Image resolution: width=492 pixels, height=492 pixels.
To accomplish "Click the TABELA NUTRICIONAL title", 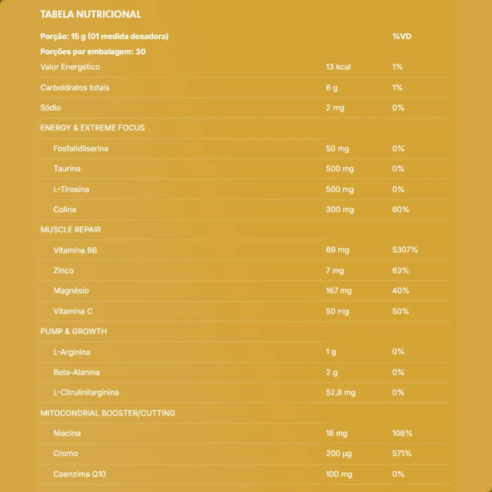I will pyautogui.click(x=91, y=14).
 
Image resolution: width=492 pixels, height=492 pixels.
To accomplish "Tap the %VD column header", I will pyautogui.click(x=401, y=36).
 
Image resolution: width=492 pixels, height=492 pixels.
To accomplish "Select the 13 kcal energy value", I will pyautogui.click(x=338, y=67).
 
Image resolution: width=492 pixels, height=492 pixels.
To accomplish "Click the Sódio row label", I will pyautogui.click(x=50, y=108).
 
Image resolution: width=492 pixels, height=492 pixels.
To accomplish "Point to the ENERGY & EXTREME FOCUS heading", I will pyautogui.click(x=92, y=128).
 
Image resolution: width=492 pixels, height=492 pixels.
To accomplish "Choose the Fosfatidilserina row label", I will pyautogui.click(x=81, y=148).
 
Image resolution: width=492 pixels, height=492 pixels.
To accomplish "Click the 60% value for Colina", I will pyautogui.click(x=401, y=210).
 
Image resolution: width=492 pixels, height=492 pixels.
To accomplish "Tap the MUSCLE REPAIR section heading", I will pyautogui.click(x=71, y=230).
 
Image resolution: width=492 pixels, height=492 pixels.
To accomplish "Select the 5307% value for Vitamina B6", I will pyautogui.click(x=405, y=250).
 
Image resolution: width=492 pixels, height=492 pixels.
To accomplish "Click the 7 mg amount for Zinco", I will pyautogui.click(x=335, y=271).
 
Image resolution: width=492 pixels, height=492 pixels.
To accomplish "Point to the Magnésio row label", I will pyautogui.click(x=71, y=291).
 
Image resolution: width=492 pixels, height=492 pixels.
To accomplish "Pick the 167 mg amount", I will pyautogui.click(x=339, y=291).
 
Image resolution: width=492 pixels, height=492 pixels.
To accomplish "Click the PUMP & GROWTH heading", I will pyautogui.click(x=73, y=331).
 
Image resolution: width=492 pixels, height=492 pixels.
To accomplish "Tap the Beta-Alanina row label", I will pyautogui.click(x=77, y=372).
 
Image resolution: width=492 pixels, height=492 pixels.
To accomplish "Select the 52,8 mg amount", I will pyautogui.click(x=341, y=392).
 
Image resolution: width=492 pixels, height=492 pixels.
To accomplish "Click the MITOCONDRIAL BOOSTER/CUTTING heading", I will pyautogui.click(x=107, y=413).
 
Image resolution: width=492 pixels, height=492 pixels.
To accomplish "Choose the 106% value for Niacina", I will pyautogui.click(x=402, y=433).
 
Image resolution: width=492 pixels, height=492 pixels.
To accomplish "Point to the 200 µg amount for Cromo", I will pyautogui.click(x=339, y=453).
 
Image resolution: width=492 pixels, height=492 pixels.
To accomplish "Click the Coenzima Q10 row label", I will pyautogui.click(x=80, y=474).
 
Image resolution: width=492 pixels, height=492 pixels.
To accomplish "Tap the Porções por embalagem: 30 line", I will pyautogui.click(x=93, y=52).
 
